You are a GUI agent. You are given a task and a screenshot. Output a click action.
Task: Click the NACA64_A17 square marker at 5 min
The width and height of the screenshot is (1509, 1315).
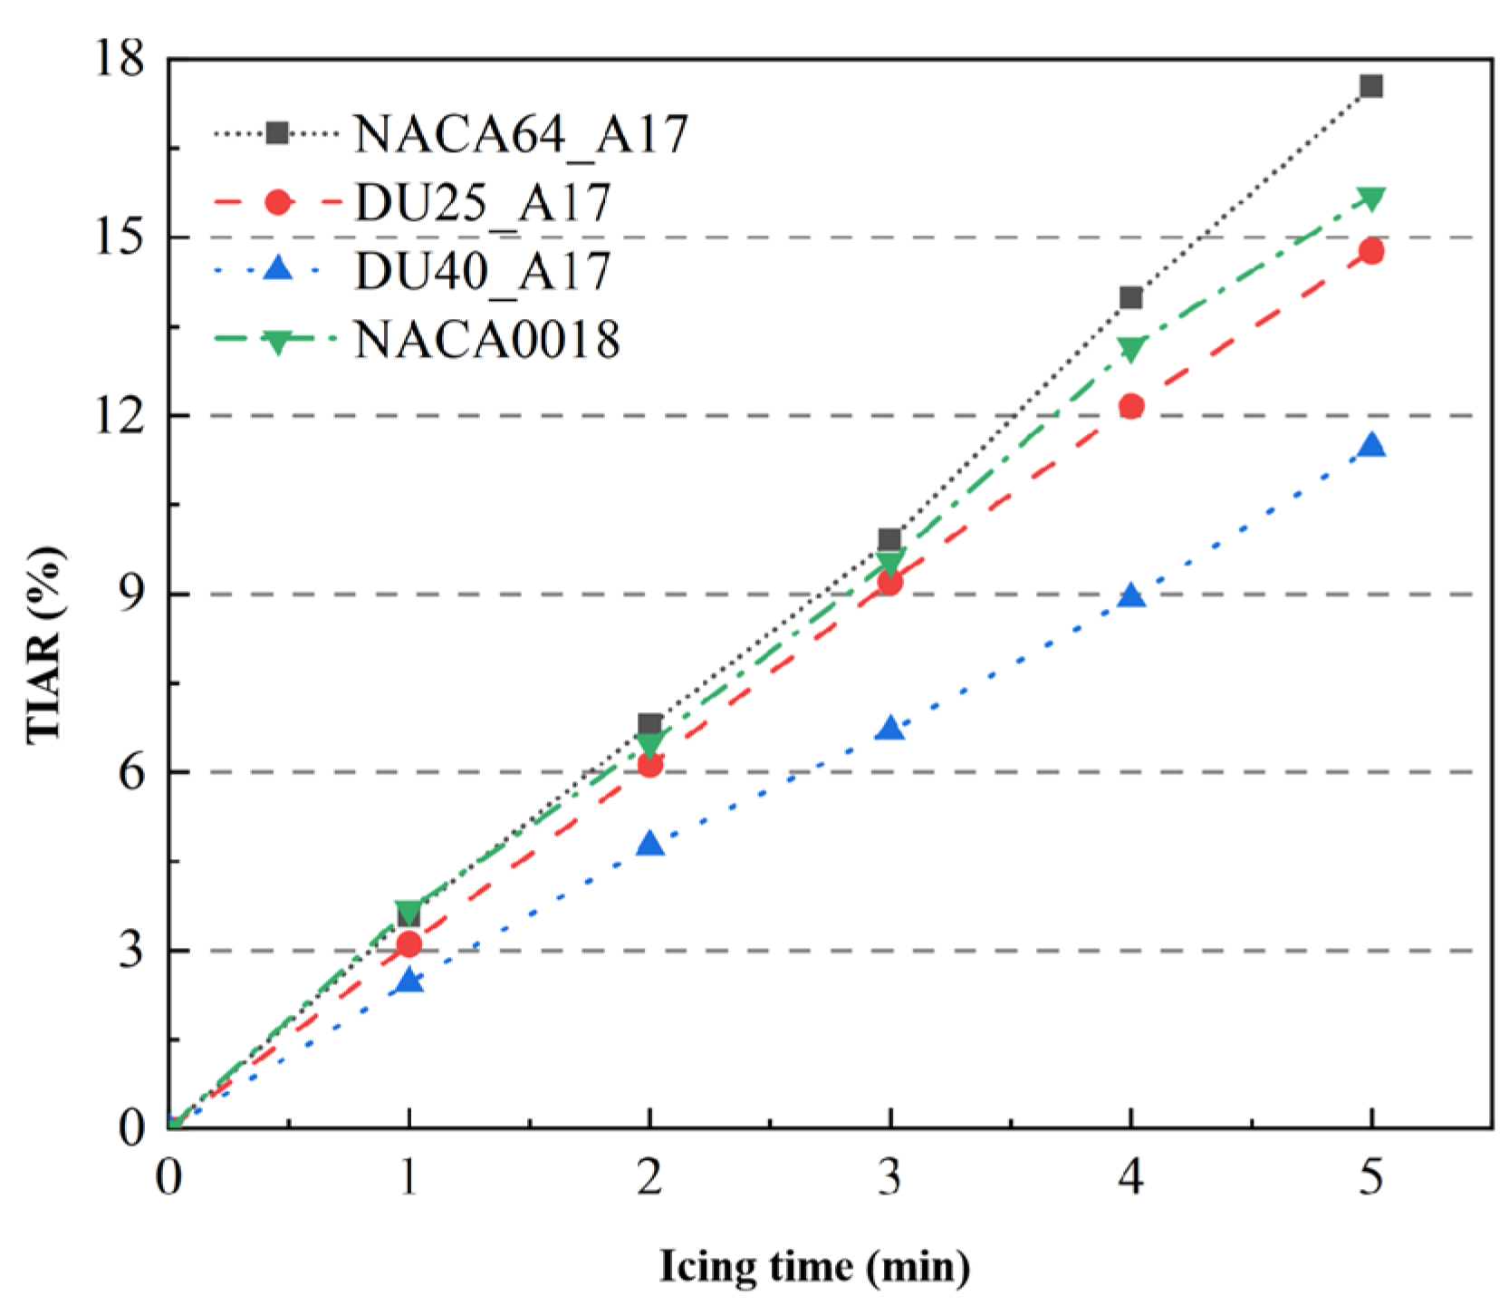[1370, 86]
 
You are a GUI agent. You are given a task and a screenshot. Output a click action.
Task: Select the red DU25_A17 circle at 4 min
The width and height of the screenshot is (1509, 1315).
[1130, 405]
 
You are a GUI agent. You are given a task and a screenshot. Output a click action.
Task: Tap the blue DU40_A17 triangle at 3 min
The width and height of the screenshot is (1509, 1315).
[890, 728]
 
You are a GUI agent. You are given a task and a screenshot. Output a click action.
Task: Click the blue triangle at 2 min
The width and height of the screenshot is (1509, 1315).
[649, 844]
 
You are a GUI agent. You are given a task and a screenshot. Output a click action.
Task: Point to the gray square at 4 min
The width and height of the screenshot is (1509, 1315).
[1130, 297]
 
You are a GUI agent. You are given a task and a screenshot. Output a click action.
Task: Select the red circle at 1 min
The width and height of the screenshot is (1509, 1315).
[408, 944]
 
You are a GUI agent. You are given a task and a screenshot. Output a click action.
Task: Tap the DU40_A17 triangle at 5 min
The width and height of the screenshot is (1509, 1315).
[1371, 445]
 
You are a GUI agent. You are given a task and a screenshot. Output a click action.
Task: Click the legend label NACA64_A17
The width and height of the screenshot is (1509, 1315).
[521, 134]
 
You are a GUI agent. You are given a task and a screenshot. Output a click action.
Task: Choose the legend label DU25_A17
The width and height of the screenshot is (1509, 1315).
[483, 203]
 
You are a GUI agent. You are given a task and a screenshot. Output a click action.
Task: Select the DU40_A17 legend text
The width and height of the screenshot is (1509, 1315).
[483, 271]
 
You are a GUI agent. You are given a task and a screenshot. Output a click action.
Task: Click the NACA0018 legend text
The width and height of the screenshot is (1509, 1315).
[487, 340]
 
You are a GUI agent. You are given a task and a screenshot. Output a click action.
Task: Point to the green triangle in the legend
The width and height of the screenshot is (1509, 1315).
[277, 343]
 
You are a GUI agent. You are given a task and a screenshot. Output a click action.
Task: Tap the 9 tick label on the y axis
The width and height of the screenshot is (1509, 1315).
[132, 594]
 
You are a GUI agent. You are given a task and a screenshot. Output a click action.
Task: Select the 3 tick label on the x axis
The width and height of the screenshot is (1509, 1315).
[890, 1177]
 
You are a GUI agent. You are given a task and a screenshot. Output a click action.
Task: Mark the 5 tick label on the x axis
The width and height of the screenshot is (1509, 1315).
[1370, 1177]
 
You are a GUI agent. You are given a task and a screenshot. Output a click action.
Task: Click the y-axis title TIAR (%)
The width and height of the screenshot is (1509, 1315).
[45, 644]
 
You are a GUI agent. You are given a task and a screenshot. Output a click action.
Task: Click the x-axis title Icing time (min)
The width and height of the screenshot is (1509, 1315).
[814, 1266]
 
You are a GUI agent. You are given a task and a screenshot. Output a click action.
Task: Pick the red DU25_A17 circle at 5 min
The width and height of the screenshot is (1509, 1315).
[1370, 251]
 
